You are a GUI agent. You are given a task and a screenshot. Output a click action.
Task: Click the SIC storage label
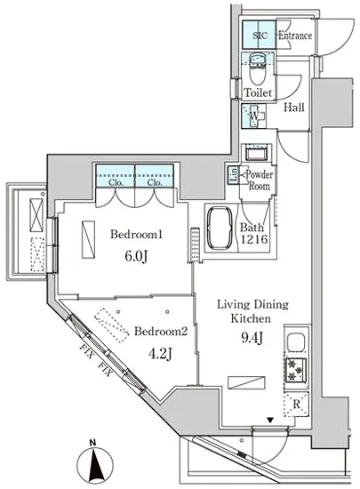tap(260, 36)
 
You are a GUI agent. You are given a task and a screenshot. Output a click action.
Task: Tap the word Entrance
tap(295, 36)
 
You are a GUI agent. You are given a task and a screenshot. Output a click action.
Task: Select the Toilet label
tap(258, 92)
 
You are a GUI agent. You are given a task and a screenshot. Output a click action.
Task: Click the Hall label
tap(294, 108)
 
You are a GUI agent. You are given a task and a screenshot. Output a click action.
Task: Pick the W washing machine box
tap(254, 116)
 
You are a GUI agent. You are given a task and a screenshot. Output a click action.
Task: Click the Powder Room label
tap(260, 180)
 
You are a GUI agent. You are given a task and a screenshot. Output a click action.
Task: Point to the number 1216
tap(254, 239)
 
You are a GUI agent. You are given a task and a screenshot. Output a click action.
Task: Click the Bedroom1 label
tap(137, 234)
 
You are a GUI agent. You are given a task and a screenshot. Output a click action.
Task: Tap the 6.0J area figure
tap(136, 257)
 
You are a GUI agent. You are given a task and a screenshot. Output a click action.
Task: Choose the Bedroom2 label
tap(161, 331)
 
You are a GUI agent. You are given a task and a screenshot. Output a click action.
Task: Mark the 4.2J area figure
tap(160, 354)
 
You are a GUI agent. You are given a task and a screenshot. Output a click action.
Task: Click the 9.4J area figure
tap(252, 338)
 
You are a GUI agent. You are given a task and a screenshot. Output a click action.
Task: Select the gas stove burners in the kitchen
tap(295, 370)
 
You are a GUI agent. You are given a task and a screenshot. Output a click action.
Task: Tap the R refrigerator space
tap(296, 405)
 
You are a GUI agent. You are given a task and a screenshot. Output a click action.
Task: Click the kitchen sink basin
tap(295, 342)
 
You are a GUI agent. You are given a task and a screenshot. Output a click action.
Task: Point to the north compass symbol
tap(95, 465)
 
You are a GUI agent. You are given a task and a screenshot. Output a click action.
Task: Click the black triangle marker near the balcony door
tap(270, 421)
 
